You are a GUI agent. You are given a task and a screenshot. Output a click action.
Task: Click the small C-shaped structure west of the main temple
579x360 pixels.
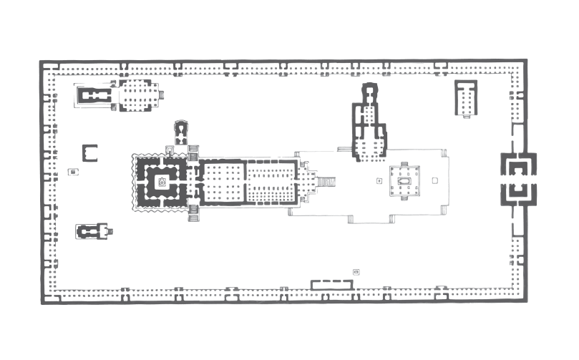(90, 152)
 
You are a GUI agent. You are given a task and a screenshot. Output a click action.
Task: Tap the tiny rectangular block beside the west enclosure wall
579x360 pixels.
(72, 172)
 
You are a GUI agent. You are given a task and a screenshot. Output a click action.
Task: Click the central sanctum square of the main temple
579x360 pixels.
(162, 181)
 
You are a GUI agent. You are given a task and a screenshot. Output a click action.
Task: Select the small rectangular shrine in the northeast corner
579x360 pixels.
(466, 97)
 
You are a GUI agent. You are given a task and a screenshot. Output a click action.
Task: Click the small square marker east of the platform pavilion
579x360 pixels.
(434, 180)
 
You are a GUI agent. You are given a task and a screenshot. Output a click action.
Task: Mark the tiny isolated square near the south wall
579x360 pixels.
(356, 271)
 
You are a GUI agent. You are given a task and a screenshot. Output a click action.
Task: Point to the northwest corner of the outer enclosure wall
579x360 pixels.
(42, 63)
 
